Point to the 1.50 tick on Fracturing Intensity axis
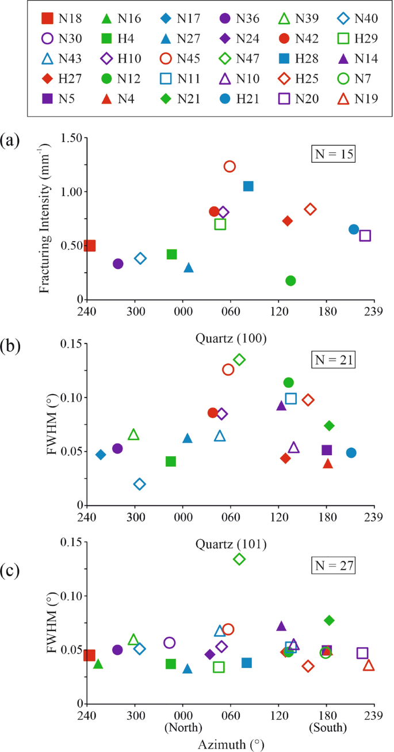(x=68, y=138)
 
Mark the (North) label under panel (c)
(x=183, y=728)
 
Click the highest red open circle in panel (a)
(x=229, y=166)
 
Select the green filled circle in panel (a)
(x=290, y=281)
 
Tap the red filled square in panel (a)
(x=89, y=246)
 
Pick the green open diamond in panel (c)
(x=239, y=559)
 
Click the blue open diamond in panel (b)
(x=139, y=484)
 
